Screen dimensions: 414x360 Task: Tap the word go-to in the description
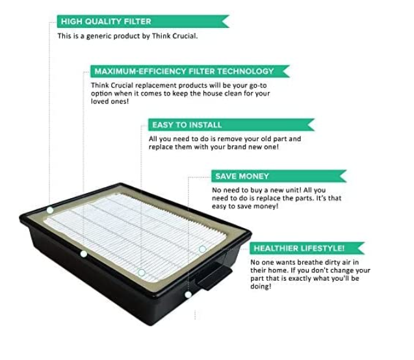point(259,85)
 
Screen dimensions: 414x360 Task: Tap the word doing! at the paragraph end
point(262,287)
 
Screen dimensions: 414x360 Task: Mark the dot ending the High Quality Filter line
point(50,211)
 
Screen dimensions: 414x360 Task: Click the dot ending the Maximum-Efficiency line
point(83,253)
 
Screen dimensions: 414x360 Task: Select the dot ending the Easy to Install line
point(141,272)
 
